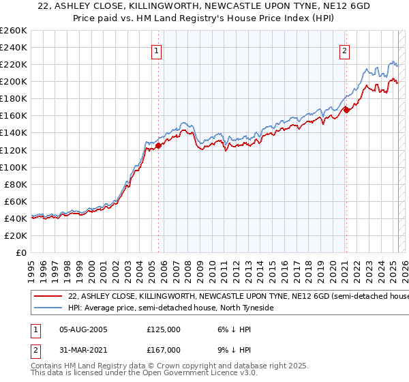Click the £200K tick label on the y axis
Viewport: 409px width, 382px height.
[14, 81]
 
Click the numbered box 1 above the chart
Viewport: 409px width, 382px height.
[157, 50]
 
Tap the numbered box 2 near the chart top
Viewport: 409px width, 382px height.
[345, 50]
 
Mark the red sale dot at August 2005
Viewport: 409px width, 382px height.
[158, 145]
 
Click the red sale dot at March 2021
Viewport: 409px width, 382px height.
[346, 109]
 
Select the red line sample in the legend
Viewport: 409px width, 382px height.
[48, 297]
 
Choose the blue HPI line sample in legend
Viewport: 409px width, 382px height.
[48, 308]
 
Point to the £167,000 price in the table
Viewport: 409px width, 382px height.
[164, 349]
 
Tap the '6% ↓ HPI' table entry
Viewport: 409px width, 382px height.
[233, 329]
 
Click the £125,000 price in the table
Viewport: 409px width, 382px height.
[164, 329]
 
